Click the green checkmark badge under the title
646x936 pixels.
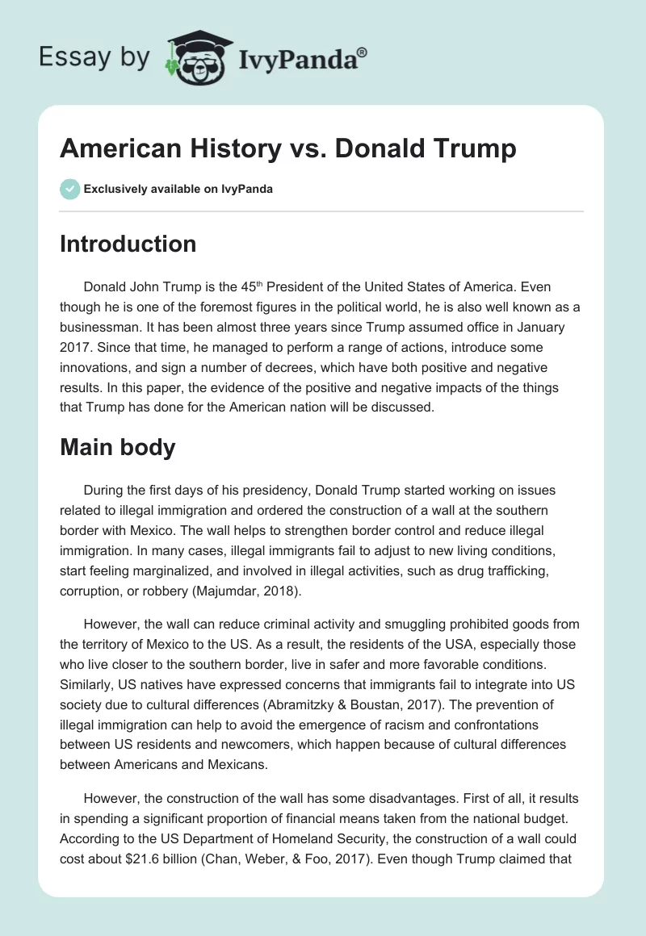pos(69,189)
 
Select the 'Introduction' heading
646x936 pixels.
pos(128,244)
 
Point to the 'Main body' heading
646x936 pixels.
pos(117,447)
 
